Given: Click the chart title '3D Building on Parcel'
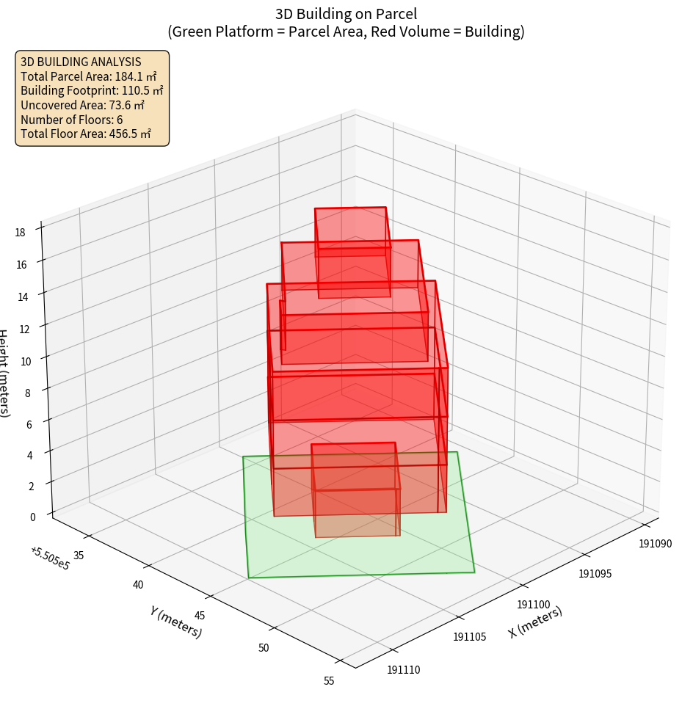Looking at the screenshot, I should (x=346, y=13).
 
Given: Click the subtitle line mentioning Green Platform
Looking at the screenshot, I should (x=346, y=32).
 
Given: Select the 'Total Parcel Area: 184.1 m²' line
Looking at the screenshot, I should (x=89, y=76).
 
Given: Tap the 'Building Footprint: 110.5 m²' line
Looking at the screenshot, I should (x=92, y=90).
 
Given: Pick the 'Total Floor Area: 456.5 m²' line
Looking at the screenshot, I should (x=86, y=134).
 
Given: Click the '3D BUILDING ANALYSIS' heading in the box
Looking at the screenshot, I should (x=81, y=62).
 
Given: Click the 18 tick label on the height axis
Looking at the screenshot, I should (x=20, y=233).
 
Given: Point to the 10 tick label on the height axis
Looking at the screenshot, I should (x=26, y=361).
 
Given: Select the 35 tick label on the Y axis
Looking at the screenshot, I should (x=79, y=556).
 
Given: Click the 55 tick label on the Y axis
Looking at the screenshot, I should (x=328, y=681).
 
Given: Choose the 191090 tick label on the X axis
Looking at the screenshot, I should (x=655, y=544).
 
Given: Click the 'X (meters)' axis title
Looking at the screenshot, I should (x=535, y=622).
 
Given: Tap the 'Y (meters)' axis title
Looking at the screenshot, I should (x=176, y=621).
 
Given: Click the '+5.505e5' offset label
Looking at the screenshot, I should (x=50, y=558).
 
